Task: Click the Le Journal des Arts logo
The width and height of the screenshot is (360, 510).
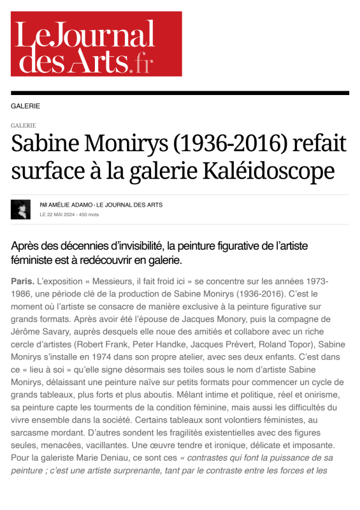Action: [x=96, y=44]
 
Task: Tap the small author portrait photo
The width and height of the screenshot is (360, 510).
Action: [x=20, y=210]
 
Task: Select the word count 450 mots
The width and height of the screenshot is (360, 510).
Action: [x=90, y=215]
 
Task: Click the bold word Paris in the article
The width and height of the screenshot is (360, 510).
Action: [x=23, y=281]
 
